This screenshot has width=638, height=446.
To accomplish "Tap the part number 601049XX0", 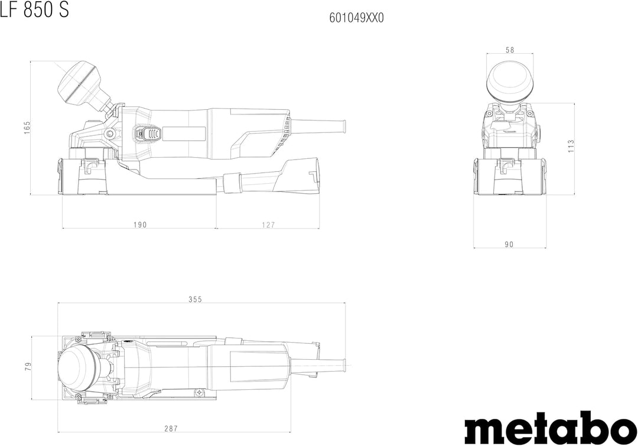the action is pyautogui.click(x=356, y=18).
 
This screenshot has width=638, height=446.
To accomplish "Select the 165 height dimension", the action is pyautogui.click(x=27, y=128).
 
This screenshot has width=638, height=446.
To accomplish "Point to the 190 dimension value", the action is pyautogui.click(x=139, y=224).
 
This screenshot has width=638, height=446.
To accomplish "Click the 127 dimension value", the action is pyautogui.click(x=268, y=224).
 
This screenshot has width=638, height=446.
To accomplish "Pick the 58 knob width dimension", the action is pyautogui.click(x=510, y=50).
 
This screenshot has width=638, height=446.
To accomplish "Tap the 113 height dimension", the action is pyautogui.click(x=571, y=146).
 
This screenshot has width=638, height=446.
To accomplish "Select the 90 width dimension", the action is pyautogui.click(x=509, y=244).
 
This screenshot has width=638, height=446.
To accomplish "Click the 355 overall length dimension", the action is pyautogui.click(x=196, y=299).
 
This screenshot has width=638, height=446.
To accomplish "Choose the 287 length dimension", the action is pyautogui.click(x=171, y=428).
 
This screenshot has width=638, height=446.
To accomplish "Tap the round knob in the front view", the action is pyautogui.click(x=510, y=80).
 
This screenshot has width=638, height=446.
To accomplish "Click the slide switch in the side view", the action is pyautogui.click(x=147, y=134).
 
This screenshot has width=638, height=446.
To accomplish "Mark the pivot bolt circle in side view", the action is pyautogui.click(x=110, y=134).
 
